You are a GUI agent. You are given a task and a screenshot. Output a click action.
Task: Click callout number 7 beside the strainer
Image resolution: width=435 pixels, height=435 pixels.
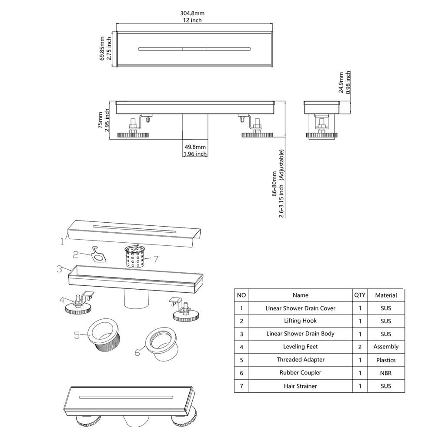click(156, 259)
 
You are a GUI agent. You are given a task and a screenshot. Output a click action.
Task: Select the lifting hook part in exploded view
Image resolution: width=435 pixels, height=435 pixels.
click(98, 254)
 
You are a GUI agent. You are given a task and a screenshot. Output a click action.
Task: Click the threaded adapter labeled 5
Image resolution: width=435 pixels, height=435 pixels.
click(104, 335)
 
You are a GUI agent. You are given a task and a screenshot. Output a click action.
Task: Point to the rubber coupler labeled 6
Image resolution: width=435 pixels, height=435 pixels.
click(160, 344)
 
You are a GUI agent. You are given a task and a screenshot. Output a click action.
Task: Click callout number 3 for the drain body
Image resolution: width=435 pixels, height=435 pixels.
click(59, 269)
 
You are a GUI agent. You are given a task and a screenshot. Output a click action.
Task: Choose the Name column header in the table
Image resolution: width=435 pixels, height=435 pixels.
click(301, 295)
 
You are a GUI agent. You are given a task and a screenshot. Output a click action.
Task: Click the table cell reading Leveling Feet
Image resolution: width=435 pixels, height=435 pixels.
click(301, 347)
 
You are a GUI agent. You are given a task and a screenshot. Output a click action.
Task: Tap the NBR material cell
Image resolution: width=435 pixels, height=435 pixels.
click(385, 373)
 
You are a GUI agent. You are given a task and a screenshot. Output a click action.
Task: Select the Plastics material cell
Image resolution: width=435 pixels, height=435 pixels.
click(385, 360)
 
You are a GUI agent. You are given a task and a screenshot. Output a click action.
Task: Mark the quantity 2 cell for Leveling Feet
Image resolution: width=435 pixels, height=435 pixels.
click(360, 347)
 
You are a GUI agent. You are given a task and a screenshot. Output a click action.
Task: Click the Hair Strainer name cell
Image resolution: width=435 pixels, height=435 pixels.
click(301, 386)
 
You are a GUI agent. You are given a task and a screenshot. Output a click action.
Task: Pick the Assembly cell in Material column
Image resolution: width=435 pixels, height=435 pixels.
click(386, 347)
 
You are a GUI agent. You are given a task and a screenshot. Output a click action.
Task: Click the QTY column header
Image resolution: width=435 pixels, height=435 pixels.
click(360, 295)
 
